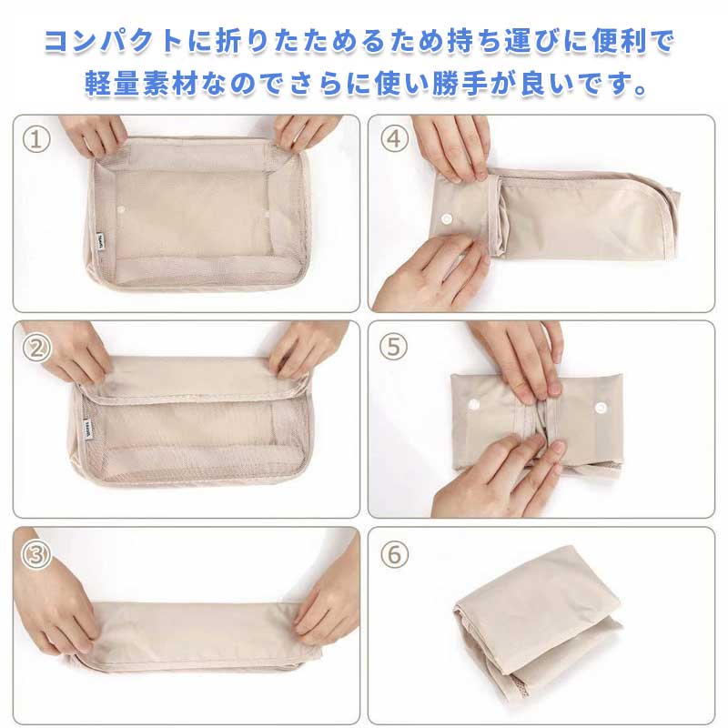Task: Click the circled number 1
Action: [x=36, y=139]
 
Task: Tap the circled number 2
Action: [x=36, y=348]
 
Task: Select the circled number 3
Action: [x=36, y=555]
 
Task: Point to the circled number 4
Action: [x=394, y=139]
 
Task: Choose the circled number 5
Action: [x=393, y=347]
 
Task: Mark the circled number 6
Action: [x=394, y=554]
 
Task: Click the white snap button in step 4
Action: [x=447, y=219]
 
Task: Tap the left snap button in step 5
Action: [x=473, y=403]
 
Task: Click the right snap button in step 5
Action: [x=601, y=408]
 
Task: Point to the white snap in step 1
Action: [x=122, y=210]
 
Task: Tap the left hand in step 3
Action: [x=56, y=599]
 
